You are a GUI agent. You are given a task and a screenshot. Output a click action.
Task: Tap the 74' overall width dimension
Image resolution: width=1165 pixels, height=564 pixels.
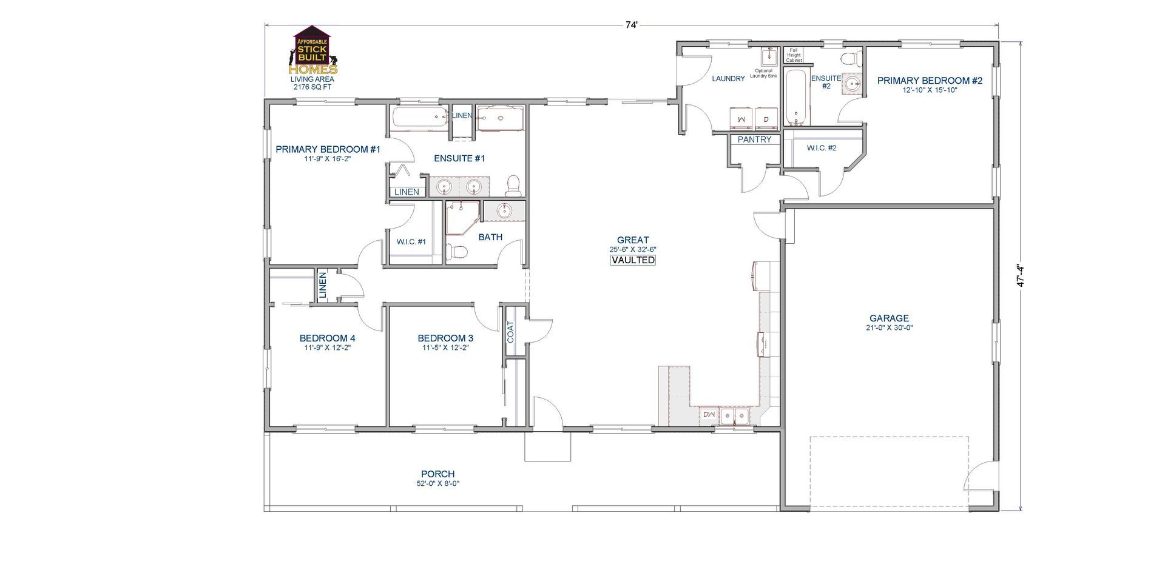632,25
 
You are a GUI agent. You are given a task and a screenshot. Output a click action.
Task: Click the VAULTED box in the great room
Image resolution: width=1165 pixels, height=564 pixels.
633,260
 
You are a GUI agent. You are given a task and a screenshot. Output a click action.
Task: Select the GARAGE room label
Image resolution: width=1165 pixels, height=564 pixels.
889,318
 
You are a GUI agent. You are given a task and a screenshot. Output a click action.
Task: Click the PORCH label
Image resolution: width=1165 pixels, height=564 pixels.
437,474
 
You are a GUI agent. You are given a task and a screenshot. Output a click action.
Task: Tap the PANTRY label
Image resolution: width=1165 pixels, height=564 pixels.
754,139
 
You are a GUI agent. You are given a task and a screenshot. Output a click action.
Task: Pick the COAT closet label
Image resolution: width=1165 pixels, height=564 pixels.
510,332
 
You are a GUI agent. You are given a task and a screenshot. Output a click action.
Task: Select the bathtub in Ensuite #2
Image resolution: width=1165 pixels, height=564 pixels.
794,97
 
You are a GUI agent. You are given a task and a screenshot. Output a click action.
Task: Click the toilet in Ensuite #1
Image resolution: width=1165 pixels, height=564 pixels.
513,185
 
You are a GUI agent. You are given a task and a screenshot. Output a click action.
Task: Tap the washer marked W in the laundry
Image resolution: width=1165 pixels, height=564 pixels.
741,119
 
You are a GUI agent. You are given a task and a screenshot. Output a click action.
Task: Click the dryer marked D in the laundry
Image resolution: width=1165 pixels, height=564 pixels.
766,119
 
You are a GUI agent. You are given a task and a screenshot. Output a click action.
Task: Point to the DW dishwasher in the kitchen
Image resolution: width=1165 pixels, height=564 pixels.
709,415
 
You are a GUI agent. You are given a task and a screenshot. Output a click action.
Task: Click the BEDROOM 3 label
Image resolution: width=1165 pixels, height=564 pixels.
445,338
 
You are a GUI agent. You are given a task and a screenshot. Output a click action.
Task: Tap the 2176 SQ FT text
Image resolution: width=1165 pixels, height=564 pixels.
312,87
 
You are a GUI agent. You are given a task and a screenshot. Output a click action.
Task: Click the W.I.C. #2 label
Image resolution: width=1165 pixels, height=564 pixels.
822,148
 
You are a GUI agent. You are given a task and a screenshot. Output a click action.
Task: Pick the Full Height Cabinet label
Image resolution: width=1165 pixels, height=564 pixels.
794,55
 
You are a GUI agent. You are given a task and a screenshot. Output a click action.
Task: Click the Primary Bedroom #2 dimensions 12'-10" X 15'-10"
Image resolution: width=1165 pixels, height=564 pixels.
929,90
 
